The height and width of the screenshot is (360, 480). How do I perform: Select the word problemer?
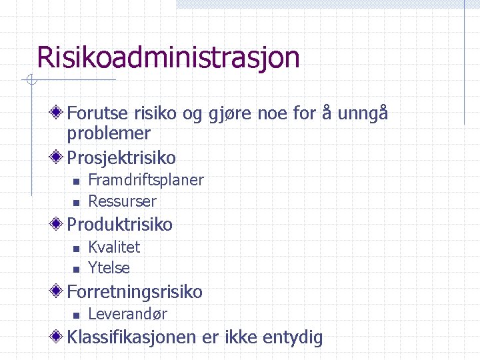[109, 133]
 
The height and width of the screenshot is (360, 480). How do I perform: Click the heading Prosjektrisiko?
[121, 158]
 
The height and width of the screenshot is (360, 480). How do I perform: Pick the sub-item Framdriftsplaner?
[146, 180]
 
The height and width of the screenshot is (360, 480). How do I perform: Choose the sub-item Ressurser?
[122, 201]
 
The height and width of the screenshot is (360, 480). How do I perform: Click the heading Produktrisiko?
[119, 225]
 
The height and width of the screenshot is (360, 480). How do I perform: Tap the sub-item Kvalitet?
[114, 247]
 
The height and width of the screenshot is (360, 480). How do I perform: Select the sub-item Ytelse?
[109, 268]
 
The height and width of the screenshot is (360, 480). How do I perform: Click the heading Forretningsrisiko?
[135, 292]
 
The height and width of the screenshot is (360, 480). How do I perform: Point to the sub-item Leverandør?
[127, 314]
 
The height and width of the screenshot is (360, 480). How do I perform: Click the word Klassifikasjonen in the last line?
[131, 337]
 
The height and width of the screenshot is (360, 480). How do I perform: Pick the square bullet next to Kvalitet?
[76, 248]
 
